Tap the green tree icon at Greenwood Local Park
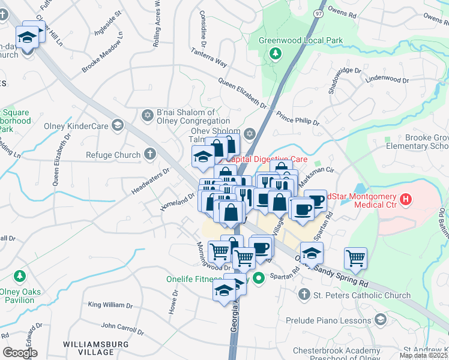pyautogui.click(x=276, y=54)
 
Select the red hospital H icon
pyautogui.click(x=407, y=199)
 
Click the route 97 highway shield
pyautogui.click(x=318, y=12)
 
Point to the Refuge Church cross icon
pyautogui.click(x=150, y=155)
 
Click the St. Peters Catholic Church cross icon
pyautogui.click(x=304, y=295)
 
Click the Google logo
pyautogui.click(x=20, y=353)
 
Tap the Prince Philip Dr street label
pyautogui.click(x=298, y=118)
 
